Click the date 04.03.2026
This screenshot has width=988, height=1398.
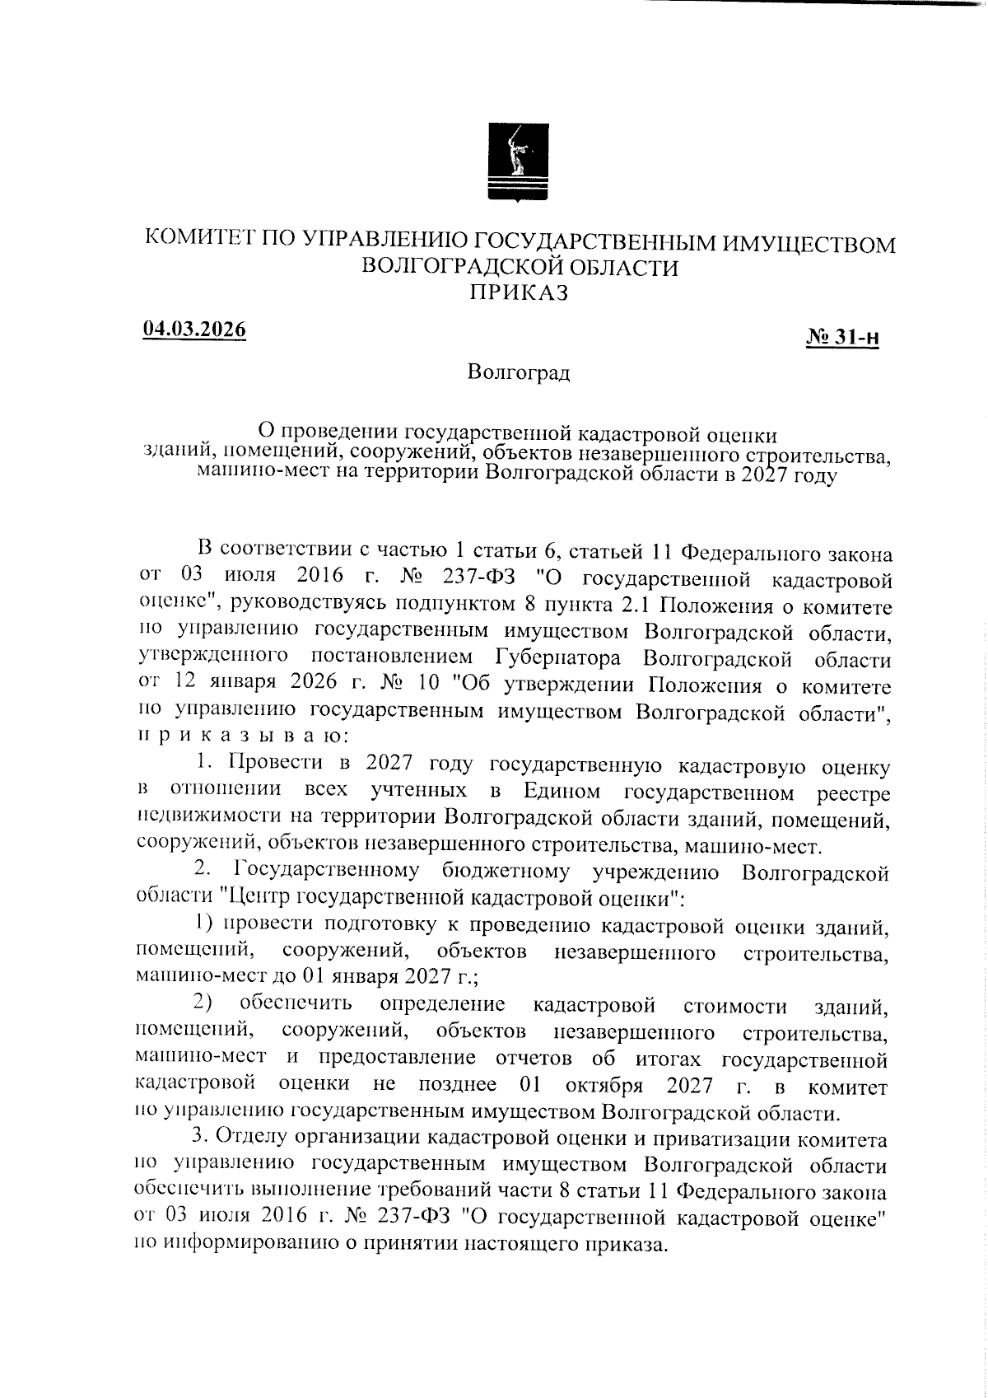[195, 329]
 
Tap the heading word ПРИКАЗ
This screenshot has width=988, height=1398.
[519, 292]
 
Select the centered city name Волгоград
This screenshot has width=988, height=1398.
[518, 372]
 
